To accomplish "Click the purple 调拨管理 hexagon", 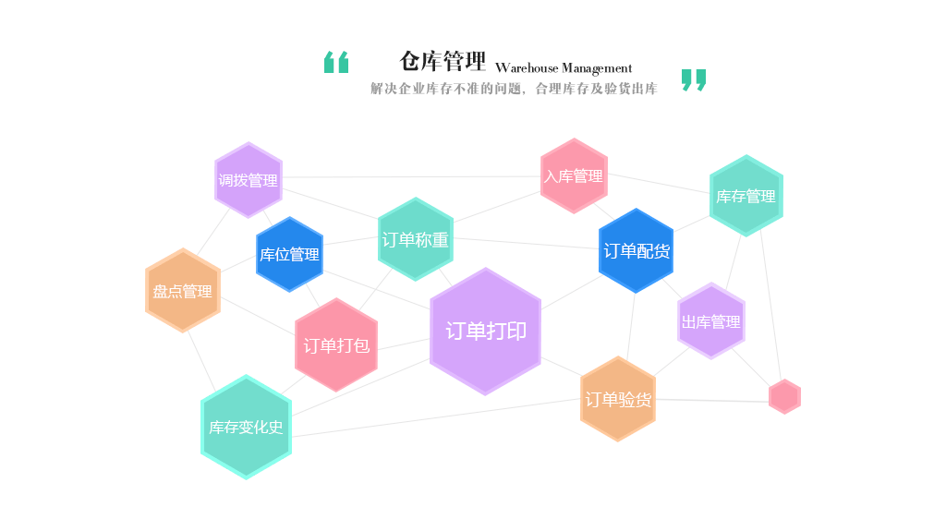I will click(x=248, y=180).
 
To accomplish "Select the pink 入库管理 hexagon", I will click(x=574, y=175).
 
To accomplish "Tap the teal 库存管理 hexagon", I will click(x=746, y=196).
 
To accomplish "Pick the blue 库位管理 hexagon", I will click(x=289, y=254).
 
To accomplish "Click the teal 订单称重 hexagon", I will click(x=415, y=239).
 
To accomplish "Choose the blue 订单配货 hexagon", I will click(x=637, y=250).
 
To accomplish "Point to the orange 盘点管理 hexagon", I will click(x=183, y=291).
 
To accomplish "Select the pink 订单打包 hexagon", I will click(x=336, y=345).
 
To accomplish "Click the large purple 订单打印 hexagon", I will click(x=485, y=331).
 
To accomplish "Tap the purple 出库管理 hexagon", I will click(x=710, y=321).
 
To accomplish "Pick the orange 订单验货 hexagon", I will click(x=618, y=399).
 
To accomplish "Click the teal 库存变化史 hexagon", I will click(x=246, y=427).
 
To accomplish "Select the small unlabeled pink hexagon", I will click(x=784, y=396).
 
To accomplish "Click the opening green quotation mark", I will click(x=336, y=62).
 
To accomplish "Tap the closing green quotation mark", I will click(x=694, y=80).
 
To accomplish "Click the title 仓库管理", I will click(x=442, y=61).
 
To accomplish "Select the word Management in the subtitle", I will click(x=597, y=68).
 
